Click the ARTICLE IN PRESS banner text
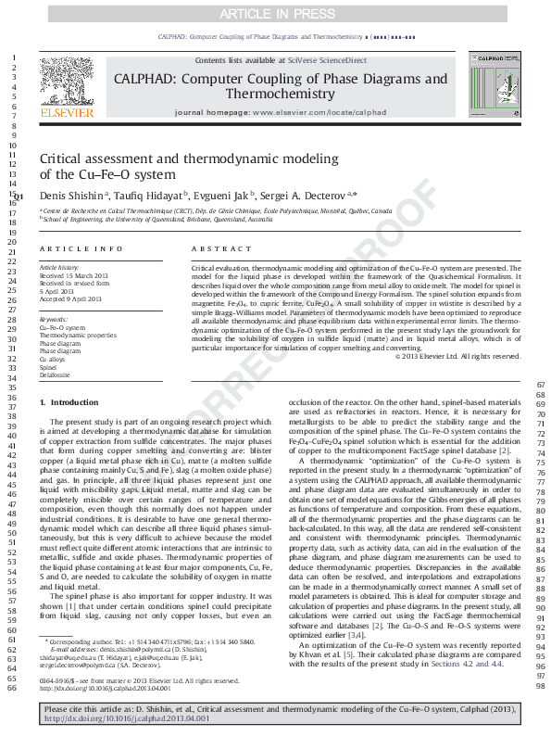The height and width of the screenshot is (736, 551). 274,15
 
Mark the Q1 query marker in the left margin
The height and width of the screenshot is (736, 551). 19,197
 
